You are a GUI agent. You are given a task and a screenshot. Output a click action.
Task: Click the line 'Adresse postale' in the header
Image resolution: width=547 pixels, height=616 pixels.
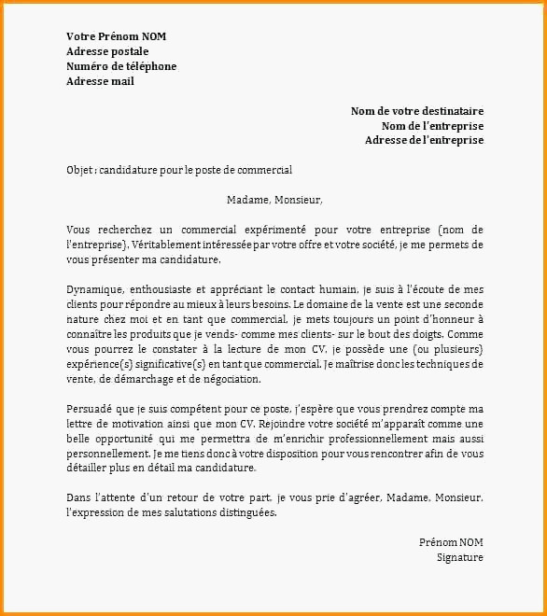coord(107,51)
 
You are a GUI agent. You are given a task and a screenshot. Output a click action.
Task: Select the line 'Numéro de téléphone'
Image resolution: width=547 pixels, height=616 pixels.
coord(121,66)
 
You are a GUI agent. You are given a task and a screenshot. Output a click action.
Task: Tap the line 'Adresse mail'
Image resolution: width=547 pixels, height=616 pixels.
coord(100,81)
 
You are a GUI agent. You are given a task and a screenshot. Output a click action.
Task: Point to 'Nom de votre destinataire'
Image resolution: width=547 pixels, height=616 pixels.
coord(416,111)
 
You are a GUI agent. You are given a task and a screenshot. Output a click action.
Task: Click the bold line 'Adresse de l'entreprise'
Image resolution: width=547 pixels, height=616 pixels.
coord(424,140)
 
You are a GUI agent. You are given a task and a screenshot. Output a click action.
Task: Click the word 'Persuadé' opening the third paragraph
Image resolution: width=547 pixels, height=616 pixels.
coord(89,409)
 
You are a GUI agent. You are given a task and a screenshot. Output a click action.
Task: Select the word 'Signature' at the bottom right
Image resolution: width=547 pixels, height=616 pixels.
coord(459,557)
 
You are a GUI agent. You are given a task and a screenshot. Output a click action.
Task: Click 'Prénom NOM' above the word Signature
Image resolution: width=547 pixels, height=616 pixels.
coord(451,542)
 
